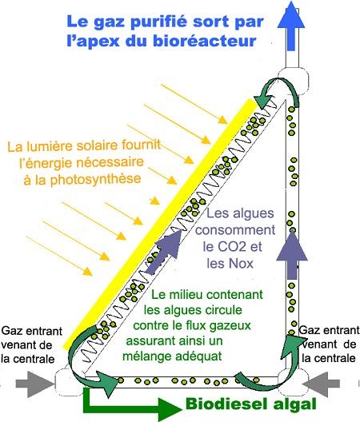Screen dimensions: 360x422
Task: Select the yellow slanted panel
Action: tap(160, 224)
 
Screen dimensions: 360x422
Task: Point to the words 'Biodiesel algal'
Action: tap(251, 404)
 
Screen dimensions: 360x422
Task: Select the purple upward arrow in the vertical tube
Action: tap(292, 255)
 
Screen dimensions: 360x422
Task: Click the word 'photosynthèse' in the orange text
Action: tap(95, 179)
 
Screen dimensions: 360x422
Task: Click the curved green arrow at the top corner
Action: tap(278, 93)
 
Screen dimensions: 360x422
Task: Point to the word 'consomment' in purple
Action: tap(235, 230)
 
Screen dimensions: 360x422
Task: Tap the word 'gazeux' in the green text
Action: tap(232, 326)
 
